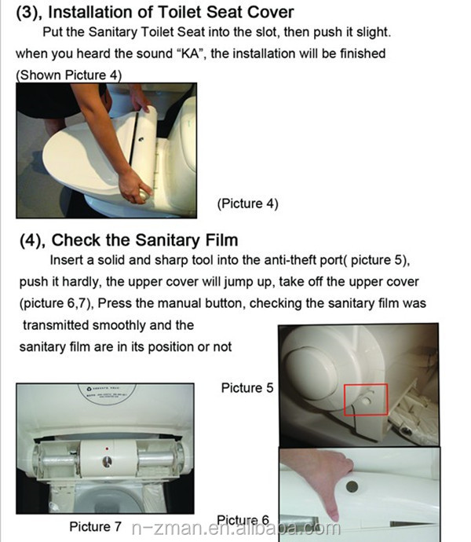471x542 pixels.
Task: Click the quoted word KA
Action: coord(190,54)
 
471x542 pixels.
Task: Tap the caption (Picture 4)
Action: coord(247,203)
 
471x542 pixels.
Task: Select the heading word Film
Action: coord(221,240)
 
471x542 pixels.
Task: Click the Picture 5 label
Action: coord(247,388)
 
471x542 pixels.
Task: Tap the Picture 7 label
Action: coord(95,527)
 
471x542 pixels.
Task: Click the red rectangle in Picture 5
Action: coord(366,384)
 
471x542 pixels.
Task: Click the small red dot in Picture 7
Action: coord(107,449)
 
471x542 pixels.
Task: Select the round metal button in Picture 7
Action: coord(107,461)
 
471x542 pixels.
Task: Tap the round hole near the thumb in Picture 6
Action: coord(352,487)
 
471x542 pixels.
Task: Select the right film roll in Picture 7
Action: coord(158,459)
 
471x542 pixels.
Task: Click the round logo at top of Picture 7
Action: coord(107,394)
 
